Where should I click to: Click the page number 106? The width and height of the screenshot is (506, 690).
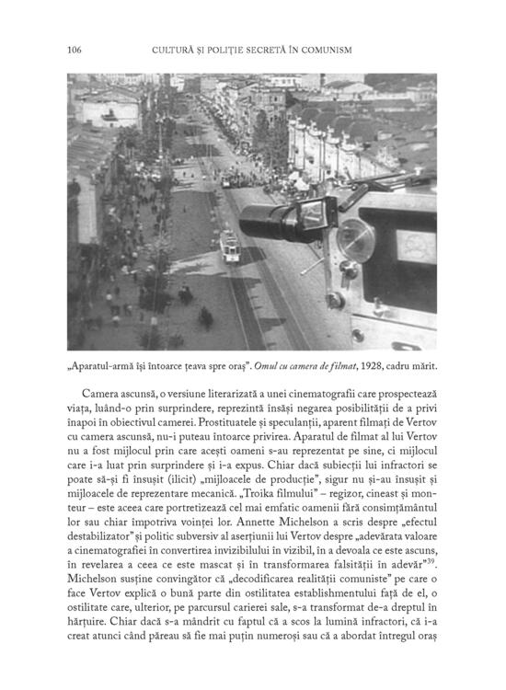(75, 49)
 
